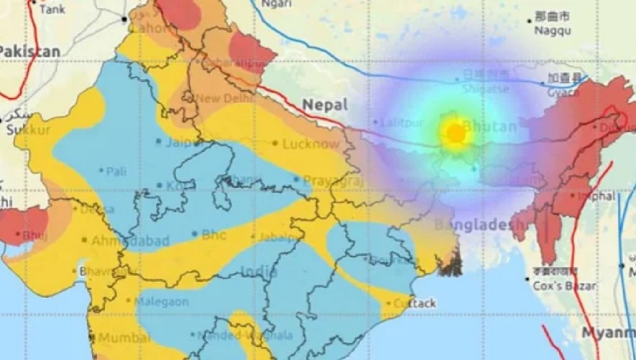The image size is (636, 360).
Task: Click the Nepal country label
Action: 325,105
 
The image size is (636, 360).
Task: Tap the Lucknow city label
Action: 311,144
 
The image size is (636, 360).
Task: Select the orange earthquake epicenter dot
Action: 456,133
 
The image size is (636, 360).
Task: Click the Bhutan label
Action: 489,126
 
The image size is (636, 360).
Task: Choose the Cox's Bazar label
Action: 564,286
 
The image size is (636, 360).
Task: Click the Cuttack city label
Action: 414,304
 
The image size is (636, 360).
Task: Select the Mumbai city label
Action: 124,337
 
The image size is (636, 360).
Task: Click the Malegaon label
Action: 162,301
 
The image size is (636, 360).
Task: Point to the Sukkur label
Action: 28,130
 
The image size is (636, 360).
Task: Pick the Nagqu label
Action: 552,31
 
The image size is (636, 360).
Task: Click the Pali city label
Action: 116,171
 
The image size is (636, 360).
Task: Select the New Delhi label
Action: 219,98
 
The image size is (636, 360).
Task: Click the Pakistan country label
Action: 30,51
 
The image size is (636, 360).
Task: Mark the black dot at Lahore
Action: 124,19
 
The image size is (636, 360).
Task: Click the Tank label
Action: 52,9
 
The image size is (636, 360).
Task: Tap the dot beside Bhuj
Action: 18,234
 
